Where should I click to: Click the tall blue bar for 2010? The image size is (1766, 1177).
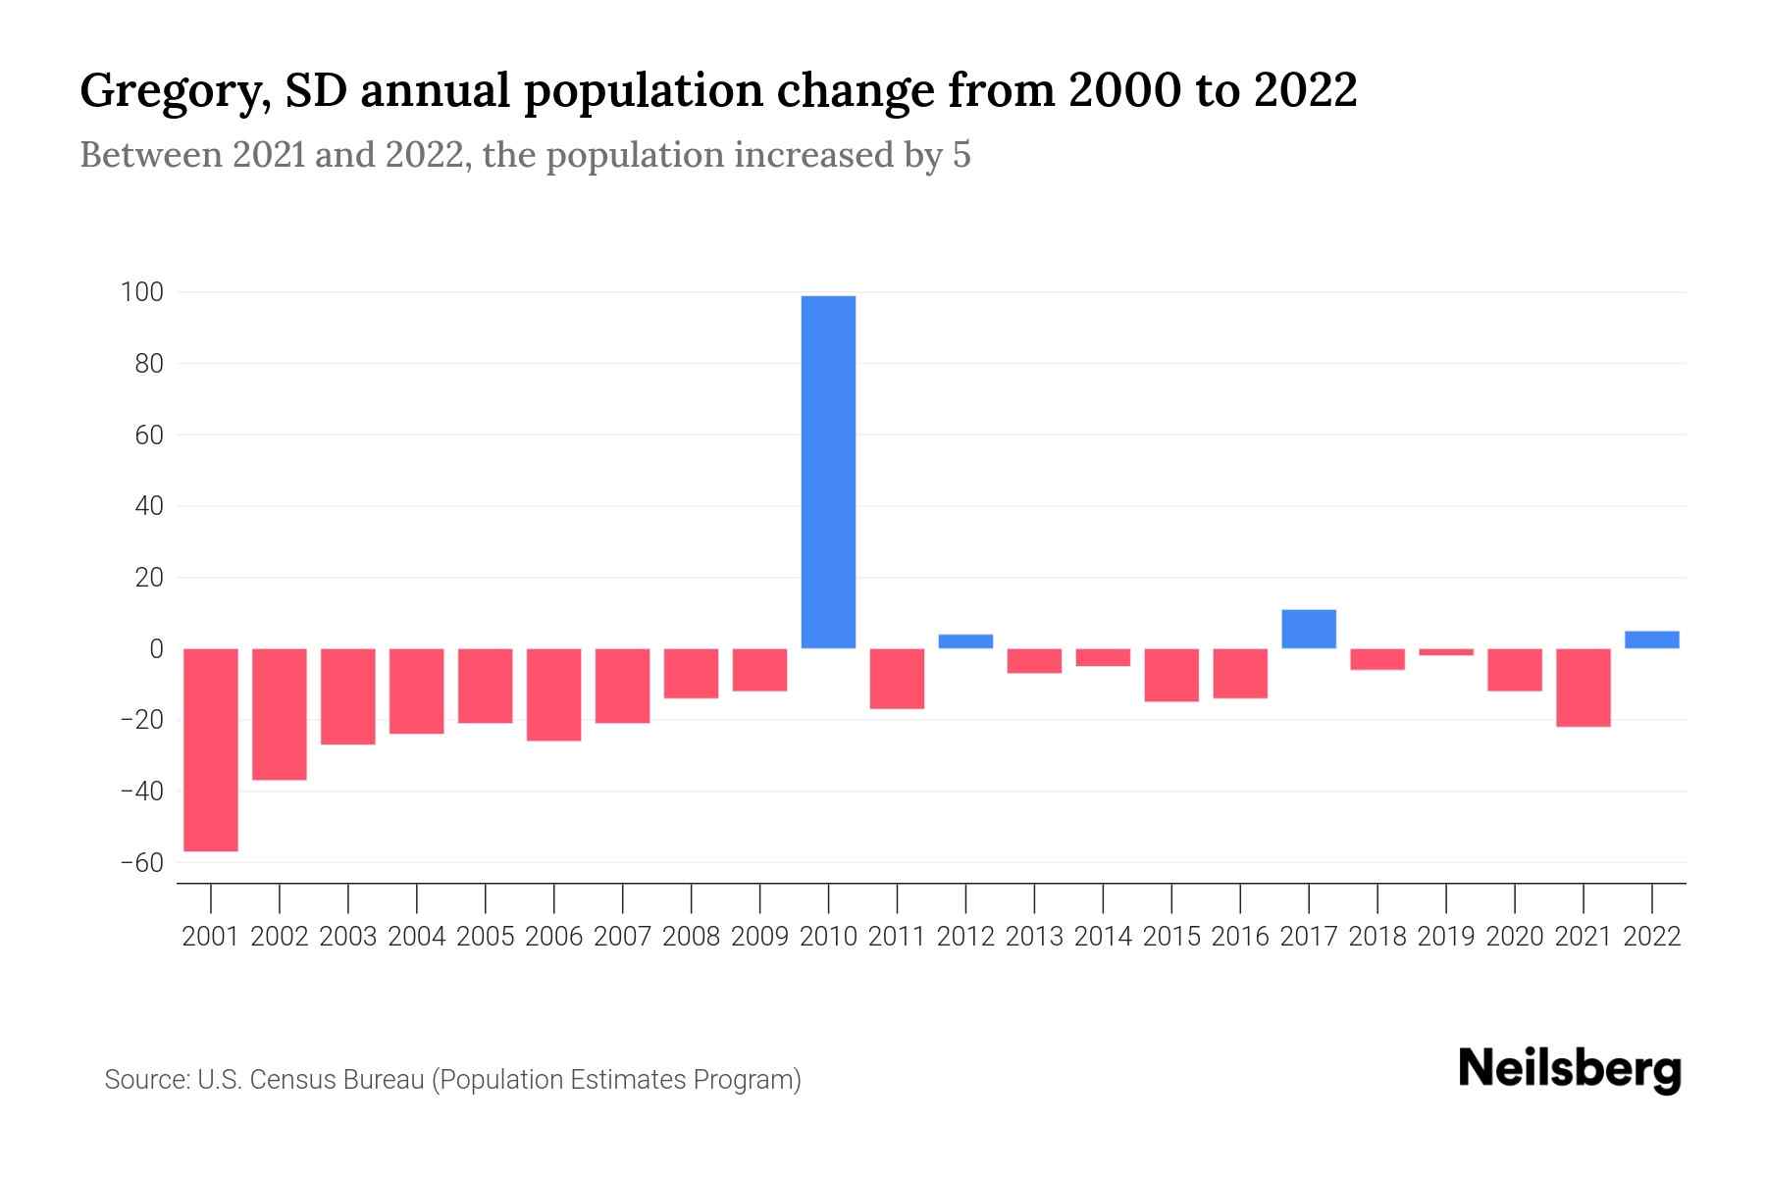tap(828, 472)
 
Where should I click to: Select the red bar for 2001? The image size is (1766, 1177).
tap(211, 749)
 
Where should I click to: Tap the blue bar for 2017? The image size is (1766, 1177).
tap(1309, 629)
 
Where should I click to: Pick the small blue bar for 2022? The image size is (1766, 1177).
tap(1652, 640)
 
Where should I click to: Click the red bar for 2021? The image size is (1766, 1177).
tap(1584, 688)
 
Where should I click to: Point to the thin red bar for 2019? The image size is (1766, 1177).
tap(1446, 652)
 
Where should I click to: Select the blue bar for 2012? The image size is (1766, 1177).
tap(965, 641)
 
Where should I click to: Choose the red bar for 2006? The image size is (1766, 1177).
tap(554, 694)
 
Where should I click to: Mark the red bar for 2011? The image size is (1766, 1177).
tap(897, 679)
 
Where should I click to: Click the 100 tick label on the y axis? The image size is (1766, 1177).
tap(141, 292)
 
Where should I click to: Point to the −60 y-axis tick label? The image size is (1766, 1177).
tap(141, 863)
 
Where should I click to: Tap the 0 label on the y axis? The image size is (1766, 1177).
tap(155, 649)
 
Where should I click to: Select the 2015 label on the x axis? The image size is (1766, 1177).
tap(1171, 937)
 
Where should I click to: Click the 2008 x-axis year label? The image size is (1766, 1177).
tap(691, 937)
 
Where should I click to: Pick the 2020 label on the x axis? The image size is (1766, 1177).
tap(1515, 937)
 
